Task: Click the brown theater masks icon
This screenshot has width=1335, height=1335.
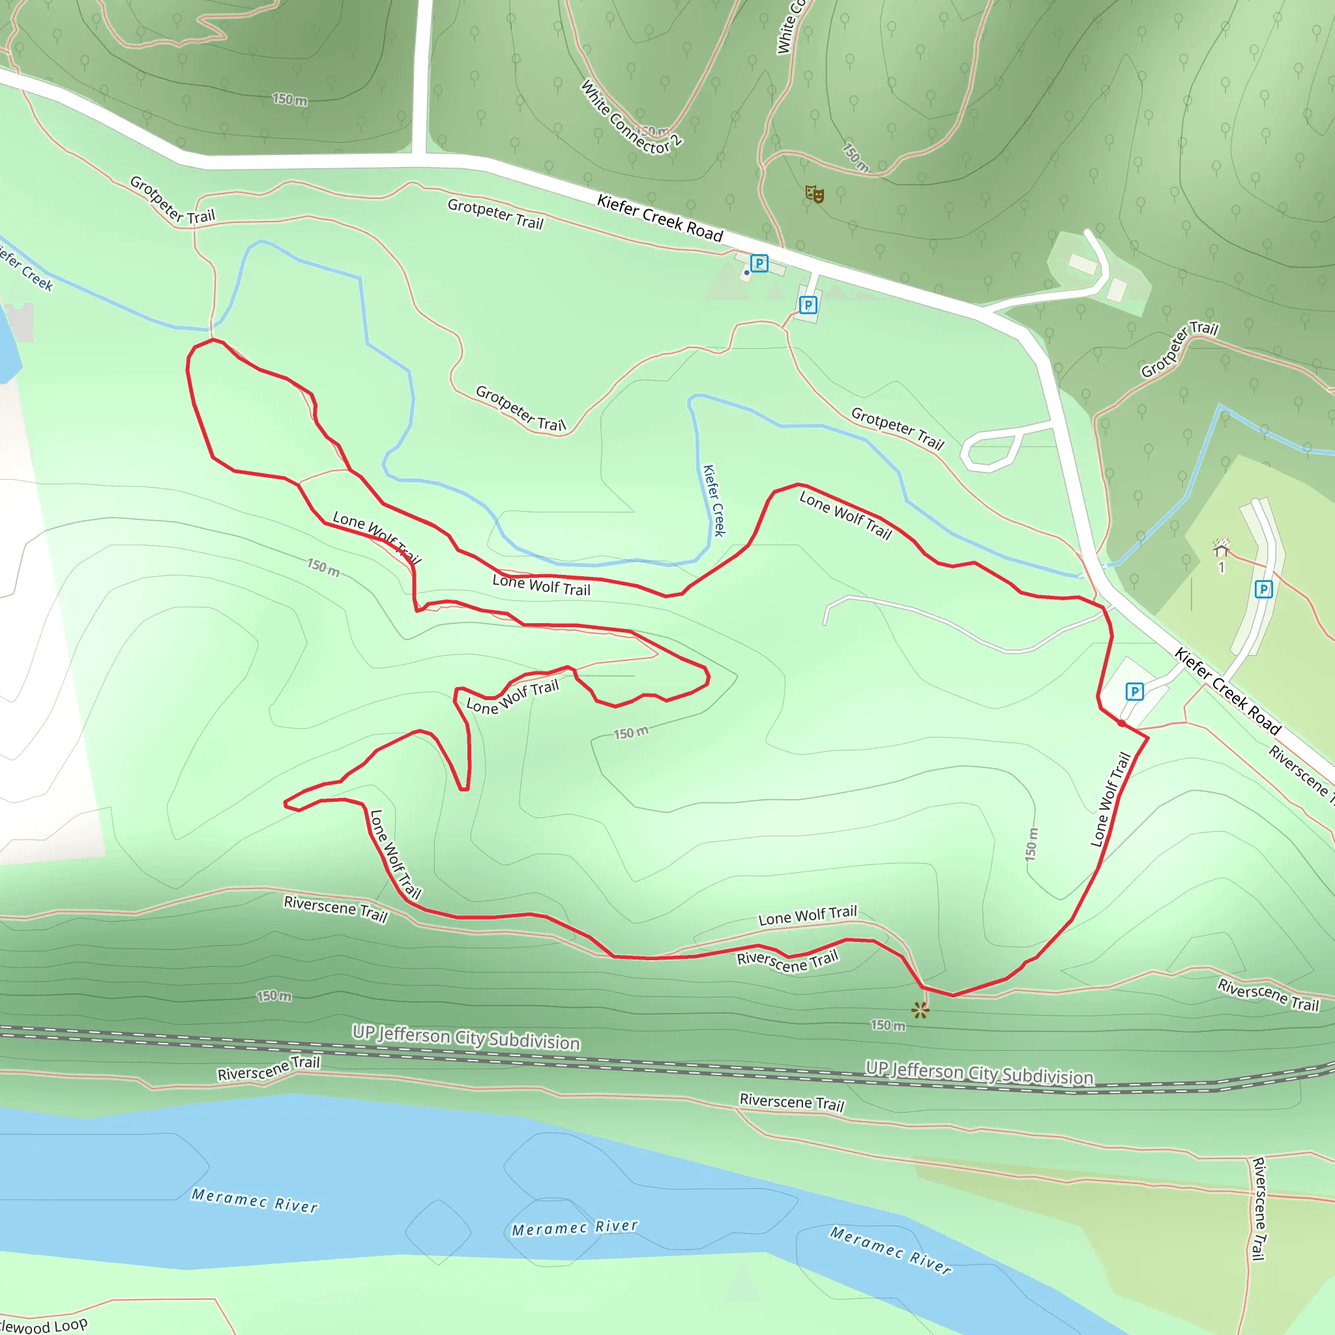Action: [x=815, y=194]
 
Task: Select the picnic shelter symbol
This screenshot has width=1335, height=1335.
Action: [x=1221, y=549]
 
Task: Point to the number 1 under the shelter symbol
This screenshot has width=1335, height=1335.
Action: [x=1221, y=567]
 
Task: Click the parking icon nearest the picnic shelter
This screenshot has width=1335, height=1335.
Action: [x=1263, y=589]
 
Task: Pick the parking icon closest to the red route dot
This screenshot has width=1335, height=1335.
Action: [x=1134, y=691]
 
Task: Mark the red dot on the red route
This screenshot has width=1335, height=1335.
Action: [x=1121, y=723]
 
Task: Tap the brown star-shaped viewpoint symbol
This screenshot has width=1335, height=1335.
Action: [x=920, y=1010]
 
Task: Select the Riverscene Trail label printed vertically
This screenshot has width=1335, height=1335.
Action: [x=1259, y=1209]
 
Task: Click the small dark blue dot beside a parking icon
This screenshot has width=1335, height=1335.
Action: [x=746, y=273]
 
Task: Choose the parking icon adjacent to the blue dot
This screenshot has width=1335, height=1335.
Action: [x=759, y=263]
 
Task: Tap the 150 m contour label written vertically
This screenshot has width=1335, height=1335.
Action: [x=1031, y=843]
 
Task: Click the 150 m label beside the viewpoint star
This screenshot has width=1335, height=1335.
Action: [x=887, y=1025]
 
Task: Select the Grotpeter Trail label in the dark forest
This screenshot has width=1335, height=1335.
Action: [x=1179, y=348]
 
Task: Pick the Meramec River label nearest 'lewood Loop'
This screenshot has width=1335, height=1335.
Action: [x=254, y=1200]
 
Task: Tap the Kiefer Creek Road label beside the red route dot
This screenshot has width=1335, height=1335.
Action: [x=1228, y=690]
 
